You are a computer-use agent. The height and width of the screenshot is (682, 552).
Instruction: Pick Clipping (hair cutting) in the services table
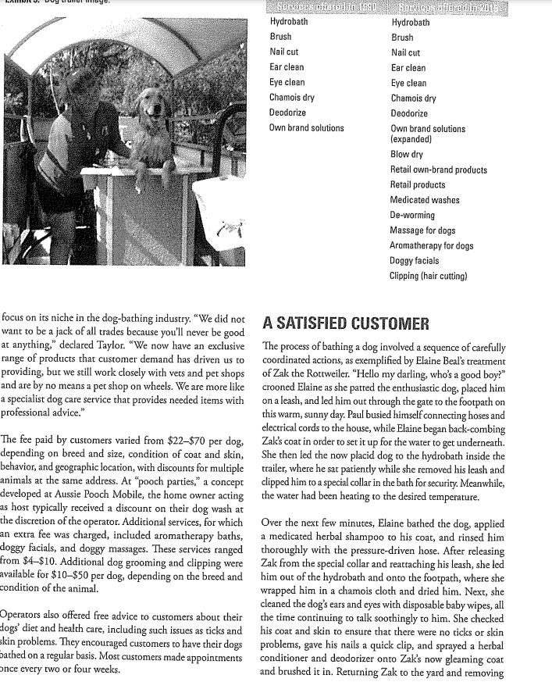[x=440, y=276]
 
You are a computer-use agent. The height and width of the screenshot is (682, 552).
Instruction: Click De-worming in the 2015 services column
[x=414, y=216]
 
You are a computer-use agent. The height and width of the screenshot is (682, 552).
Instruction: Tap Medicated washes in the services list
[x=425, y=201]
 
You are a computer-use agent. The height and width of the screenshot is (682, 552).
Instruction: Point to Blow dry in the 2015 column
[x=408, y=155]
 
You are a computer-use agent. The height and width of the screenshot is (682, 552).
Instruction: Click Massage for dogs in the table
[x=422, y=230]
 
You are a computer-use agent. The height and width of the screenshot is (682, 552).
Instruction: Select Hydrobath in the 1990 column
[x=289, y=23]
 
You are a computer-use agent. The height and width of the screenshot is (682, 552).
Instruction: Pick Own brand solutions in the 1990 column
[x=306, y=128]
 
